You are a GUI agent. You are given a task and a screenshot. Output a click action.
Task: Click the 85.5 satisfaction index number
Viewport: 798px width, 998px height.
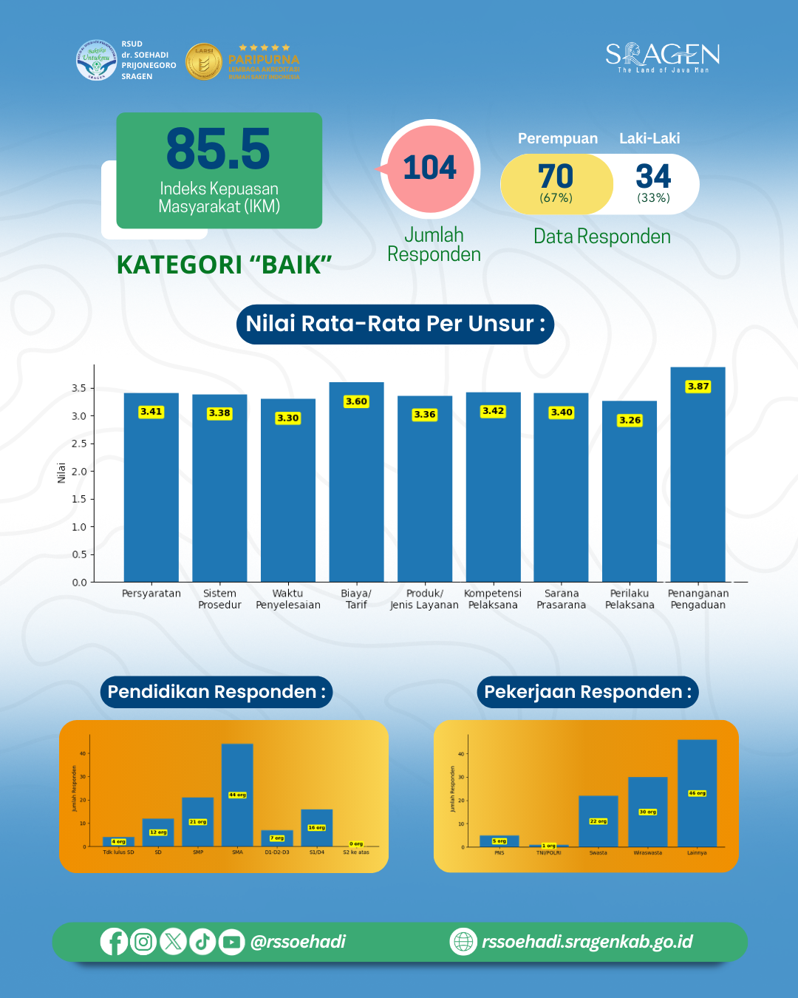(218, 149)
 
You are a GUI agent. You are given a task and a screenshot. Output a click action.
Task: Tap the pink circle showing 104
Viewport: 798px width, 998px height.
(431, 168)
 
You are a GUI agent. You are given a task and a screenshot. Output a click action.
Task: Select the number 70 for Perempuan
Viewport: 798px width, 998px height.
(556, 177)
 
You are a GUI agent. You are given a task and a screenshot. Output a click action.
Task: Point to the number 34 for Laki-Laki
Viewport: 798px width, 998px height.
(653, 177)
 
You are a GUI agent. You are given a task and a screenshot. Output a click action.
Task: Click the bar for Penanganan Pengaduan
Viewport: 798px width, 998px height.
(698, 481)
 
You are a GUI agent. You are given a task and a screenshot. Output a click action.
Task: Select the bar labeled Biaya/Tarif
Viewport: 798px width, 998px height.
(356, 488)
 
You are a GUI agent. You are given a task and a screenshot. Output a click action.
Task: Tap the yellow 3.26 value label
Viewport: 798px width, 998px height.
(630, 420)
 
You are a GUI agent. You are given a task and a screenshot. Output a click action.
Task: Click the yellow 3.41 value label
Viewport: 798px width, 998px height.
(151, 412)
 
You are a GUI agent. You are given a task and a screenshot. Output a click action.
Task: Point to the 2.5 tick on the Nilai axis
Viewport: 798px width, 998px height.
(78, 444)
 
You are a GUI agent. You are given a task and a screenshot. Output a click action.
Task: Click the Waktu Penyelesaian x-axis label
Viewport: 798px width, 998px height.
(288, 599)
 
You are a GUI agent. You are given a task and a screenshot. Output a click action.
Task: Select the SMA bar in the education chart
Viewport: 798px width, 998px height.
(237, 795)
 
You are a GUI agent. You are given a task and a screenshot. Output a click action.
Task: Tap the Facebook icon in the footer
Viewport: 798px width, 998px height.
(114, 942)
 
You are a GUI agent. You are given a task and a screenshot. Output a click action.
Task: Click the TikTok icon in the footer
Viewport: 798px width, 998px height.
(202, 942)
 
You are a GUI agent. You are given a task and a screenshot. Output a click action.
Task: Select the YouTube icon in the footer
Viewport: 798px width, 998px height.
(231, 942)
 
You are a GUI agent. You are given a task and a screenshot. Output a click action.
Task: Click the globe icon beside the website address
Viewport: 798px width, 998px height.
(463, 942)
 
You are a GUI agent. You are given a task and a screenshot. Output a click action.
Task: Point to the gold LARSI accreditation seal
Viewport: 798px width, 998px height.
(203, 61)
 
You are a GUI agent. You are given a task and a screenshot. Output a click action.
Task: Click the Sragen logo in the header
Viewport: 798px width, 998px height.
(662, 57)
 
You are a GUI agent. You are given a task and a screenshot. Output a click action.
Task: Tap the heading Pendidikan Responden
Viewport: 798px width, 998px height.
(216, 692)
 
